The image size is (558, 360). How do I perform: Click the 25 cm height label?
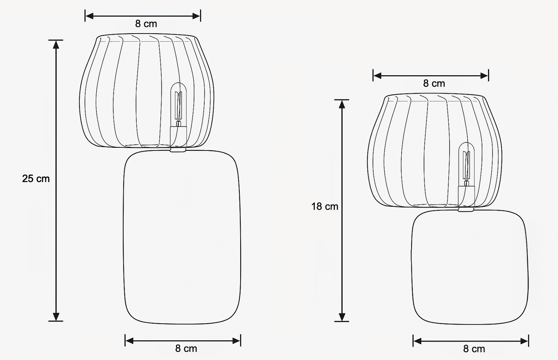36,179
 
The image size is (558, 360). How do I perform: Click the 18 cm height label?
325,206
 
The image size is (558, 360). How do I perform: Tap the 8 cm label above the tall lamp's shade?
146,24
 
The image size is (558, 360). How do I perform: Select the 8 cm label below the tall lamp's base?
186,348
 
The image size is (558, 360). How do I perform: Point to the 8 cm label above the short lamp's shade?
434,83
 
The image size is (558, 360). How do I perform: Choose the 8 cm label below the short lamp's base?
474,349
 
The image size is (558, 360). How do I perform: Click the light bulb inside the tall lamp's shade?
178,105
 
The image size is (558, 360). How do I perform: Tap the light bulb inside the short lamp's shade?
466,164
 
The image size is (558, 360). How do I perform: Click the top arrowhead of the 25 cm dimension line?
56,44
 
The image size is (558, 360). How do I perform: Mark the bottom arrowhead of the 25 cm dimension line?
56,317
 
